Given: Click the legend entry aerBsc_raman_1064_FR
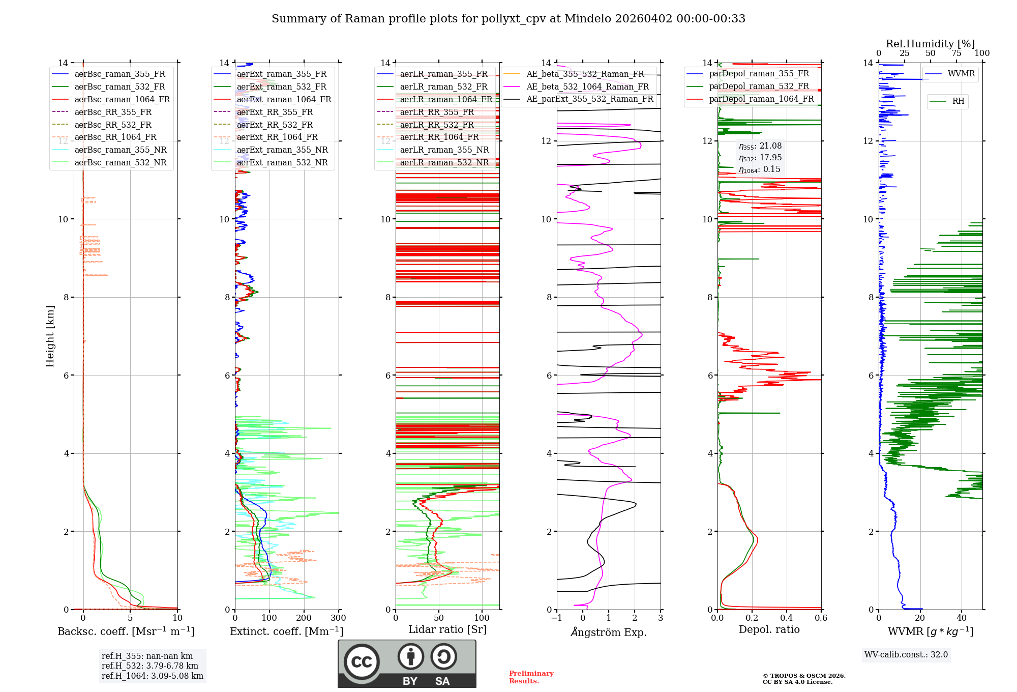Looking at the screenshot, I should tap(122, 100).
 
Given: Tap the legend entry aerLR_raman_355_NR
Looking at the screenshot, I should tap(444, 150).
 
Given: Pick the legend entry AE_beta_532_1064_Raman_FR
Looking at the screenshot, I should tap(587, 87).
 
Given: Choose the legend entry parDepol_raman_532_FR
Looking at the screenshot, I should tap(759, 86).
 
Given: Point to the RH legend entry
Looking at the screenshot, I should tap(958, 101).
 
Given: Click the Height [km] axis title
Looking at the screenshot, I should tap(50, 336).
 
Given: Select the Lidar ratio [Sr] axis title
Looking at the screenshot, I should tap(447, 630).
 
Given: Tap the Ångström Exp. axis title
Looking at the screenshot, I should tap(609, 632).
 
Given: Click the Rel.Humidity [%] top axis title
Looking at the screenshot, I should tap(930, 44).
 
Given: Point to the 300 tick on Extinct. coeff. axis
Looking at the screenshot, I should tap(339, 618).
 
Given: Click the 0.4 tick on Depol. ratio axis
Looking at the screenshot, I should tap(787, 618).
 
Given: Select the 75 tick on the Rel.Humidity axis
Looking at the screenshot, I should tap(956, 53).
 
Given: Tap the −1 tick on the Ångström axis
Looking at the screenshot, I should tap(557, 618).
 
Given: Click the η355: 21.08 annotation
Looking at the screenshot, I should tap(760, 147).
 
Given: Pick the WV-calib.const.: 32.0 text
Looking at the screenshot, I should tap(906, 655).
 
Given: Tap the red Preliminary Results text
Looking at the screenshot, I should tap(531, 677).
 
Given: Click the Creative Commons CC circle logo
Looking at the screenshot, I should tap(362, 661).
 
